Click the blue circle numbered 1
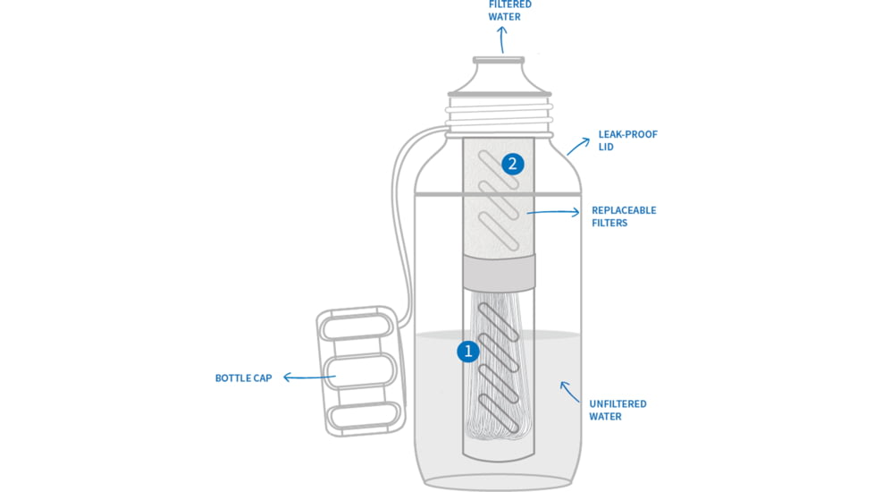pyautogui.click(x=467, y=352)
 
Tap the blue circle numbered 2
pyautogui.click(x=512, y=164)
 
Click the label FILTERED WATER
pyautogui.click(x=509, y=11)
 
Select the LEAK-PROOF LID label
pyautogui.click(x=615, y=140)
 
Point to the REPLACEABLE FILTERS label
pyautogui.click(x=624, y=216)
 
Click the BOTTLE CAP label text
pyautogui.click(x=243, y=378)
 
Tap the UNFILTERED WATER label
pyautogui.click(x=618, y=410)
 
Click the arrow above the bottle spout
pyautogui.click(x=501, y=39)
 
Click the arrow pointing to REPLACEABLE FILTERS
pyautogui.click(x=554, y=213)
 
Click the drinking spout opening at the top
pyautogui.click(x=499, y=61)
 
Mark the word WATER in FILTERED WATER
pyautogui.click(x=504, y=17)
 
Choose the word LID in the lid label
pyautogui.click(x=607, y=147)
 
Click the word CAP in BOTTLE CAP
pyautogui.click(x=262, y=378)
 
